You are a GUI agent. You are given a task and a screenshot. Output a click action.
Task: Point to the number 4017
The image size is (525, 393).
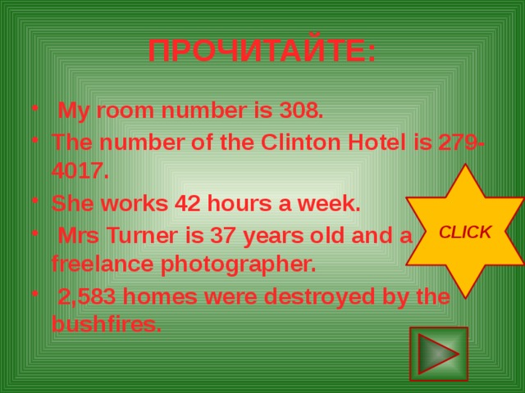click(x=79, y=171)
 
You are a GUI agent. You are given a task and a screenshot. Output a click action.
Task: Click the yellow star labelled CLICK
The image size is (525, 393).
click(x=465, y=232)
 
